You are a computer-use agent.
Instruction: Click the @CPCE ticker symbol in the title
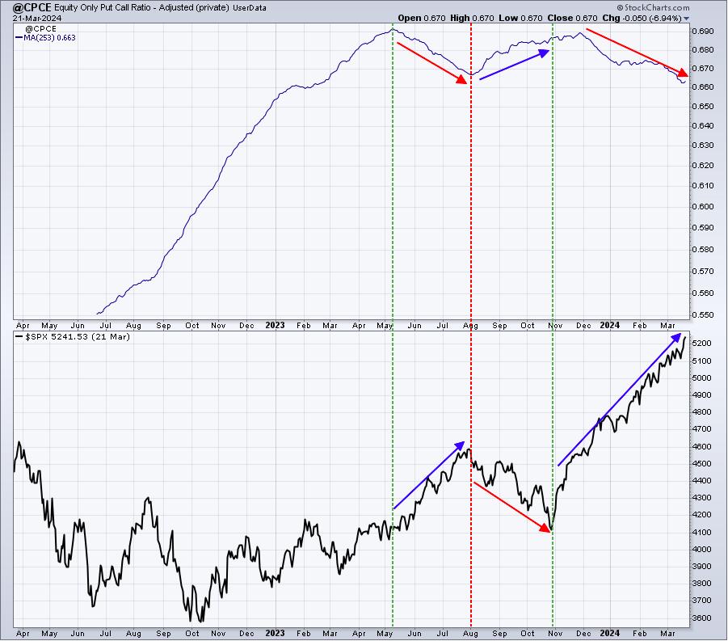32,8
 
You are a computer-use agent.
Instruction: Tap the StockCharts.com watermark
653,7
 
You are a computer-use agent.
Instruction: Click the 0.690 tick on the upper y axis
702,32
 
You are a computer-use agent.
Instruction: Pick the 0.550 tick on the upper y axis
702,314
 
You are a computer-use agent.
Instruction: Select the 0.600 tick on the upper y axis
702,206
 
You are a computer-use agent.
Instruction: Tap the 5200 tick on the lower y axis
701,344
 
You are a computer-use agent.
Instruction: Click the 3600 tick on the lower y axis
701,618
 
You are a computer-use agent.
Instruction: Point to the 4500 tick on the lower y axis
701,463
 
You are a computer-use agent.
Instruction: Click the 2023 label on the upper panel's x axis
275,325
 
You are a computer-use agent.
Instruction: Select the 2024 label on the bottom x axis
609,633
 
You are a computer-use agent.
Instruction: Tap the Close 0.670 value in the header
572,18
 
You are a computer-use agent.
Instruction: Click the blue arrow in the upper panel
515,65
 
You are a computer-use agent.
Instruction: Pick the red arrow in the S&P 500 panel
511,508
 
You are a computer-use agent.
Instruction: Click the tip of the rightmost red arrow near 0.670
688,75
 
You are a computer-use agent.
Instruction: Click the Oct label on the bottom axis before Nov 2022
191,633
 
